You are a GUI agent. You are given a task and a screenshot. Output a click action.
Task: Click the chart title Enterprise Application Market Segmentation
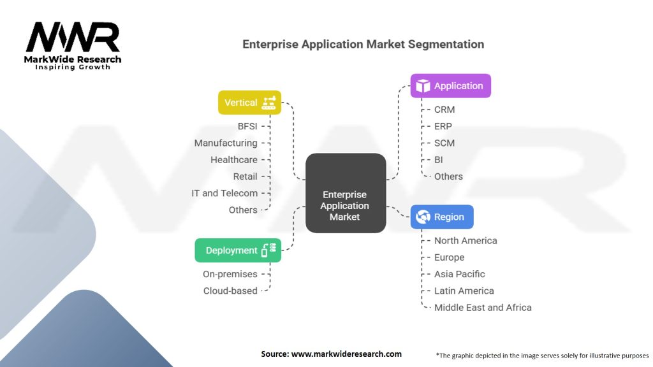click(x=363, y=45)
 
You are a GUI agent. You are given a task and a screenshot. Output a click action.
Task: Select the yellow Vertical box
click(x=249, y=103)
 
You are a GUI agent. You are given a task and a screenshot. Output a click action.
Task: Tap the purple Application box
click(x=451, y=86)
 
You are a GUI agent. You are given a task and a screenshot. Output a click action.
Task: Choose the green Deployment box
click(x=237, y=250)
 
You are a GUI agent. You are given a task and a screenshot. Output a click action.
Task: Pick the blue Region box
click(x=442, y=217)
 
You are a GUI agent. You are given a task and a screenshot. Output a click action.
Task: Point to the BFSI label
click(x=247, y=126)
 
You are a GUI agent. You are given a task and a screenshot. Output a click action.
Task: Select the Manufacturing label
click(x=226, y=143)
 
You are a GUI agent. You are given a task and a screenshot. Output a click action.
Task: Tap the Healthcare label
click(x=234, y=160)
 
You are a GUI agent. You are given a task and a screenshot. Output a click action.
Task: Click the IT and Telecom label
click(x=224, y=193)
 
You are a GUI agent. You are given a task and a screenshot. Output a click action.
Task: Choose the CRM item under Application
click(x=444, y=110)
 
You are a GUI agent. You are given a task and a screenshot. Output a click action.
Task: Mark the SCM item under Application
click(x=444, y=143)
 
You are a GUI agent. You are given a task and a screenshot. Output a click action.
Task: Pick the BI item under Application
click(x=439, y=160)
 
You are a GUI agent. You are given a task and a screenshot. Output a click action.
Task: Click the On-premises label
click(x=230, y=274)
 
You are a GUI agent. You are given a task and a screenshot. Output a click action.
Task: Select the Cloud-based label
click(x=230, y=291)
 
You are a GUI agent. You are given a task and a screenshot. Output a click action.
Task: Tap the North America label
click(x=466, y=240)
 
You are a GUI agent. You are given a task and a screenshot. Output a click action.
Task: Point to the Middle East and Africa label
click(x=483, y=307)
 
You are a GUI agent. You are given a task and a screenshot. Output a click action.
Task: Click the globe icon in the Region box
click(x=423, y=217)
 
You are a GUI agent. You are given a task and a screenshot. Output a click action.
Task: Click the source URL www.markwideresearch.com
click(x=346, y=354)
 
